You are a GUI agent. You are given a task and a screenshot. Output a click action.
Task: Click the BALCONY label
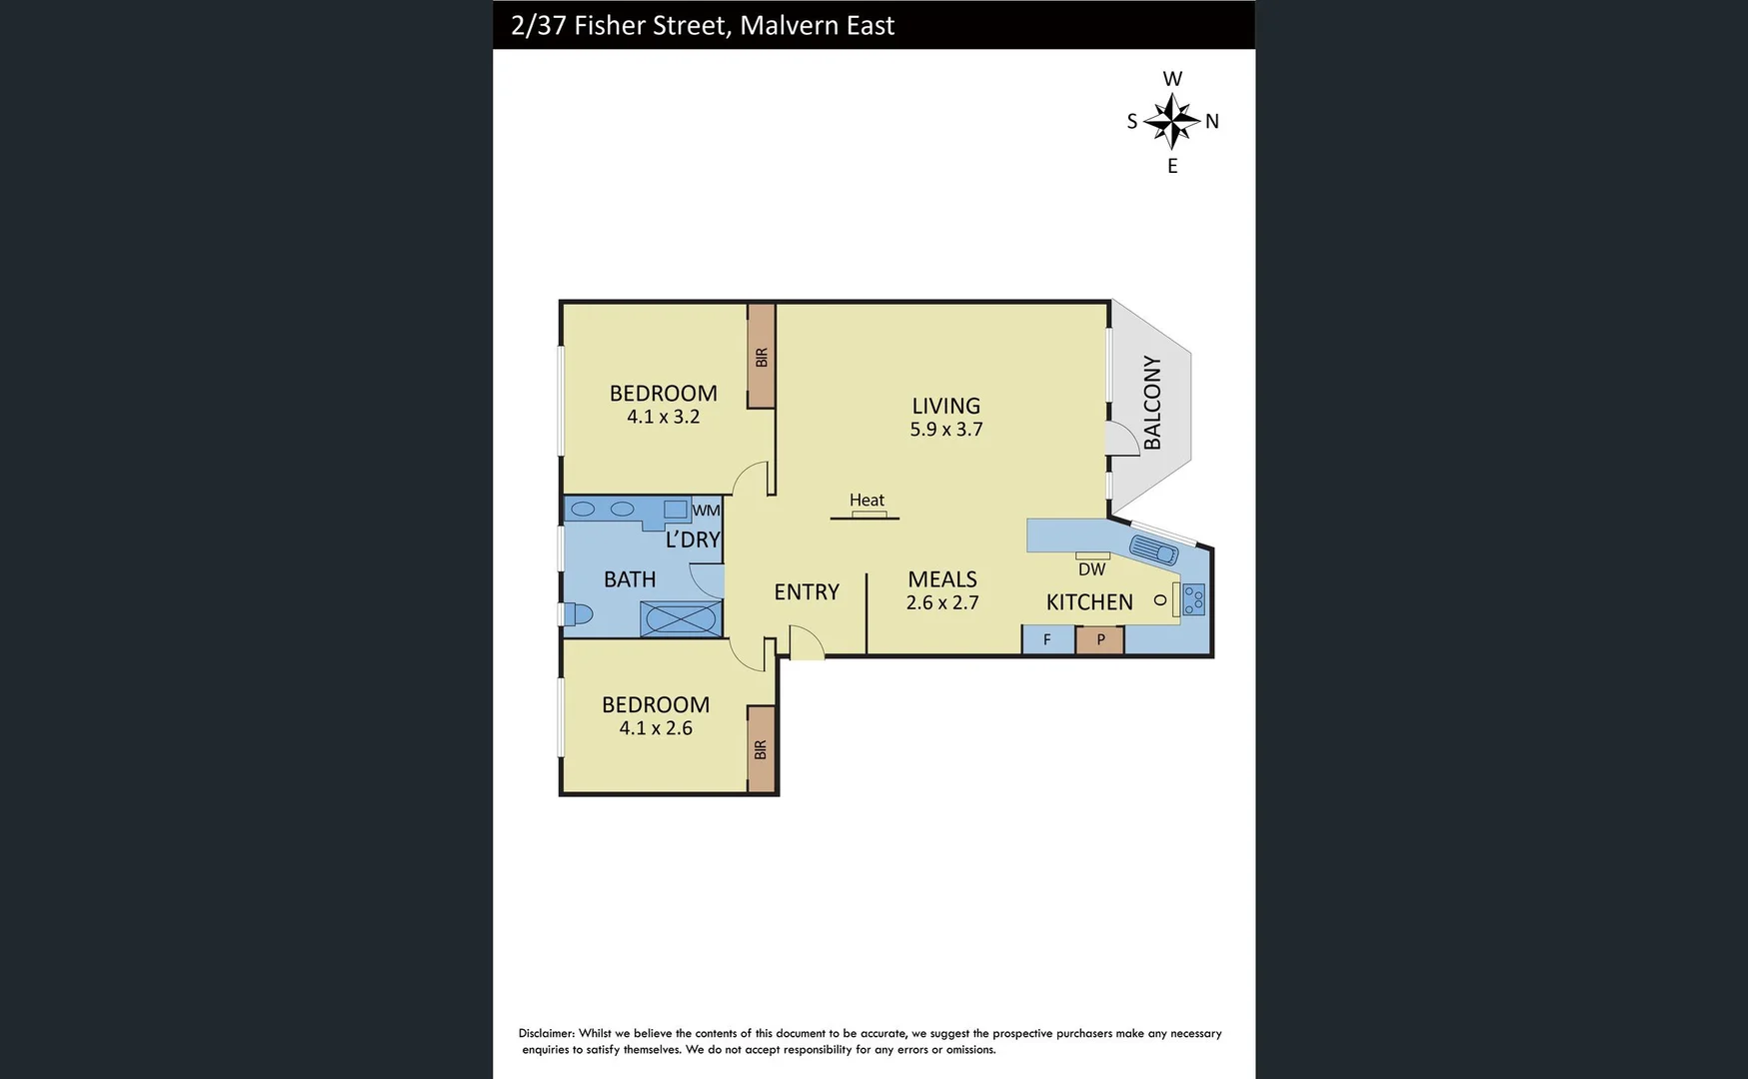[1152, 403]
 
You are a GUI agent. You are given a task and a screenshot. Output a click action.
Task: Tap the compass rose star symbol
[1171, 121]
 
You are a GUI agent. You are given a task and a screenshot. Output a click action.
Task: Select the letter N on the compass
[1212, 122]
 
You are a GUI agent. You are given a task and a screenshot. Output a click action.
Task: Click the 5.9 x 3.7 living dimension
[945, 430]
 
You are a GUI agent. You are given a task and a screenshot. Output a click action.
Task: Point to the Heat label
[867, 500]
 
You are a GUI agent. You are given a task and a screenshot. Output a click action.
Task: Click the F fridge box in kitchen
[1047, 639]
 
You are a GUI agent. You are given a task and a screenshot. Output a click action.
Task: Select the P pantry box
[1100, 639]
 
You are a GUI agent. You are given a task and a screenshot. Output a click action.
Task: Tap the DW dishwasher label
[1091, 569]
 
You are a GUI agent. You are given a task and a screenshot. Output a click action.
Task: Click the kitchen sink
[1153, 548]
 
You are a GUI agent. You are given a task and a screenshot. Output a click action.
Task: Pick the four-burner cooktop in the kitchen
[1193, 598]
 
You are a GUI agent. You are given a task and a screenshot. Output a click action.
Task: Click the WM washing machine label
[706, 511]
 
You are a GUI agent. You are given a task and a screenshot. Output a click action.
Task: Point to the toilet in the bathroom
[579, 613]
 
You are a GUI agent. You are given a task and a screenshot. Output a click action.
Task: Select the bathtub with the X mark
[680, 618]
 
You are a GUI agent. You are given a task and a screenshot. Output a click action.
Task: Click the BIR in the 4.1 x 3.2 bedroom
[762, 357]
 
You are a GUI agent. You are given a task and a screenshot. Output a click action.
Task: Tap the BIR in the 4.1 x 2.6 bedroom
[762, 749]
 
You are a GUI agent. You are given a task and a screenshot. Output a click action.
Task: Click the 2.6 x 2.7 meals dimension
[941, 603]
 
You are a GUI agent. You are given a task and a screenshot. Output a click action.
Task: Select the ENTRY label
[807, 591]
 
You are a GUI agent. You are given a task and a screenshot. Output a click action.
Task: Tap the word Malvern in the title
[779, 25]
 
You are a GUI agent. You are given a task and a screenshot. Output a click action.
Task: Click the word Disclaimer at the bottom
[546, 1033]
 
